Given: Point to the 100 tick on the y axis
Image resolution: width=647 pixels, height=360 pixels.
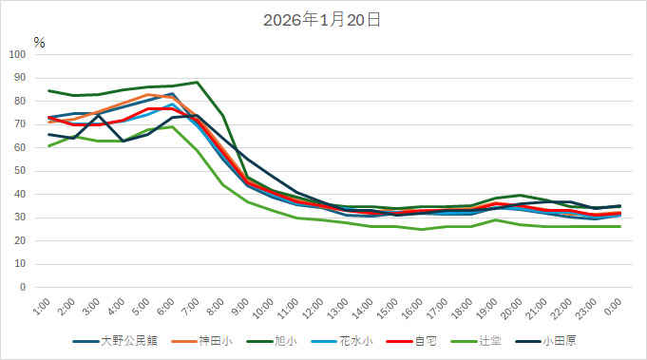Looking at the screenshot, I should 17,54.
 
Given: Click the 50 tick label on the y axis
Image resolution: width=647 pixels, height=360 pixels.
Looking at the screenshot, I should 20,171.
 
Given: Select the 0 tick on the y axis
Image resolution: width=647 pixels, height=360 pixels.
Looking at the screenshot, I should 23,287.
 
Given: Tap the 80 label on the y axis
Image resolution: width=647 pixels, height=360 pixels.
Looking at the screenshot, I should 20,101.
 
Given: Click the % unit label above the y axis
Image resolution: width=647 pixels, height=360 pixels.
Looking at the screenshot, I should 39,42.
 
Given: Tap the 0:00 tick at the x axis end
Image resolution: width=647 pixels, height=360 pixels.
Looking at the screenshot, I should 613,306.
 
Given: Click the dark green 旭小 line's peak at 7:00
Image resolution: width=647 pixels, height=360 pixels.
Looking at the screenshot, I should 197,82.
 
